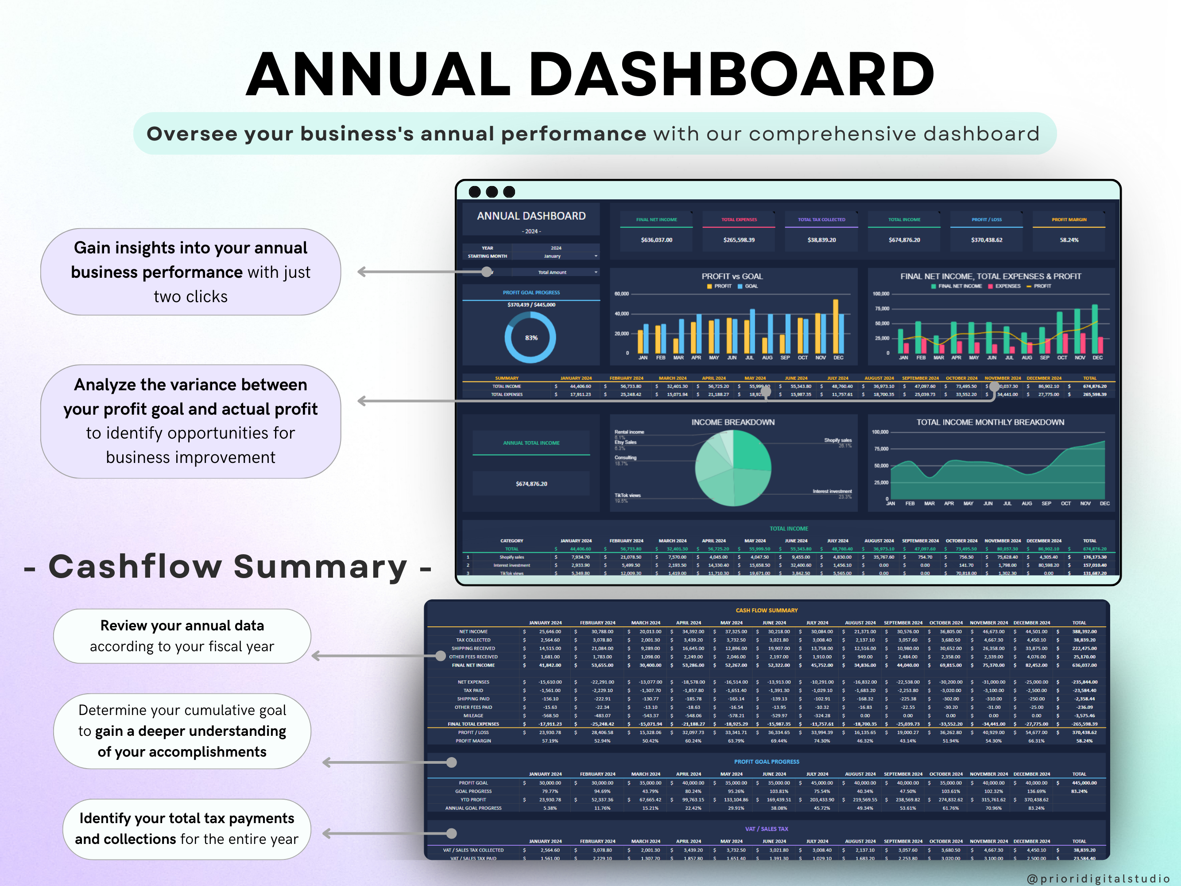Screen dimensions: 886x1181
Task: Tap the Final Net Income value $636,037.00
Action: (x=656, y=240)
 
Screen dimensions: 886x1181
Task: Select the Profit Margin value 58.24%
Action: (x=1069, y=240)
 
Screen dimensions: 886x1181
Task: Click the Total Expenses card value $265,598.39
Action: (x=739, y=240)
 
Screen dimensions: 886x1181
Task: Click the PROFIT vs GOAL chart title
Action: (x=732, y=276)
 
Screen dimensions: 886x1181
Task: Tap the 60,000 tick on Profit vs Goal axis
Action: (x=621, y=294)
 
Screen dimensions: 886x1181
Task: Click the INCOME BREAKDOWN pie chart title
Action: (x=732, y=422)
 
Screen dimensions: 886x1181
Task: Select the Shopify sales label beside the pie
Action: (x=837, y=440)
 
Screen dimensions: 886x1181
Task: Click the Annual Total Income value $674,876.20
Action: (x=531, y=484)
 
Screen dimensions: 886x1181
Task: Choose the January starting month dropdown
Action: (x=555, y=256)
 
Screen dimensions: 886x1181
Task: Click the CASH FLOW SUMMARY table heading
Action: (x=766, y=610)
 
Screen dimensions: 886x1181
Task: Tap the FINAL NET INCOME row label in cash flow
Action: (x=473, y=665)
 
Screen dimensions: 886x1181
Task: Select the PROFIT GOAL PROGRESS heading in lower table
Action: (x=766, y=762)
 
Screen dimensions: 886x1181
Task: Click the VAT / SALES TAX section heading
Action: (x=766, y=829)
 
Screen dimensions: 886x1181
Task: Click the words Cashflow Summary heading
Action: (x=228, y=566)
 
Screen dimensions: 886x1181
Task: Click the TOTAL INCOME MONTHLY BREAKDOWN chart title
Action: (x=990, y=422)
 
